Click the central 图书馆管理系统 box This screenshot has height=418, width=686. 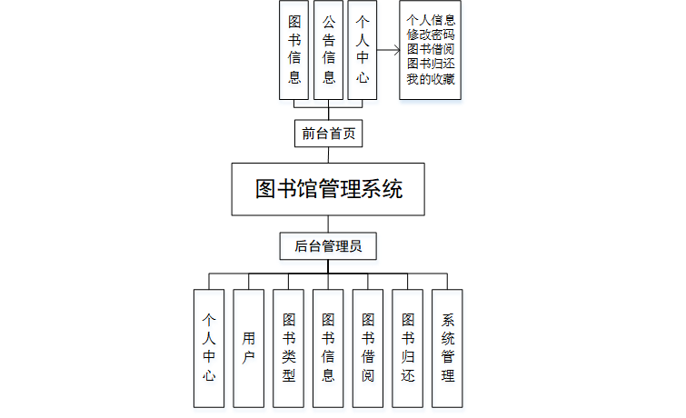click(x=329, y=189)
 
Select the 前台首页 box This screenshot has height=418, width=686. click(x=329, y=134)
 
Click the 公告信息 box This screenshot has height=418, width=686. click(x=329, y=50)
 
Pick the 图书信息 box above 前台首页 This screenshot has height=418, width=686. click(x=294, y=50)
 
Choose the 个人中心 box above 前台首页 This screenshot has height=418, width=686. click(x=363, y=50)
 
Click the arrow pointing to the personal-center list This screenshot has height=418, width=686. click(x=389, y=51)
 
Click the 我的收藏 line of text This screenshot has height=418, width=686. click(x=432, y=80)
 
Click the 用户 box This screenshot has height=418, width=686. click(x=248, y=347)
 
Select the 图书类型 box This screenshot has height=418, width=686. click(x=288, y=347)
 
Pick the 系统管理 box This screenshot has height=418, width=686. click(x=447, y=347)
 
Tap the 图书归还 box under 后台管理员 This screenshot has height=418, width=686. click(x=408, y=347)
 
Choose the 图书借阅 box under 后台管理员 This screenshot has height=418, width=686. click(x=368, y=347)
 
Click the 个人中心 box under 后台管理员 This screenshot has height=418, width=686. click(x=209, y=347)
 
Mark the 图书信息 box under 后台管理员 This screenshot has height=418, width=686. click(x=328, y=347)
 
